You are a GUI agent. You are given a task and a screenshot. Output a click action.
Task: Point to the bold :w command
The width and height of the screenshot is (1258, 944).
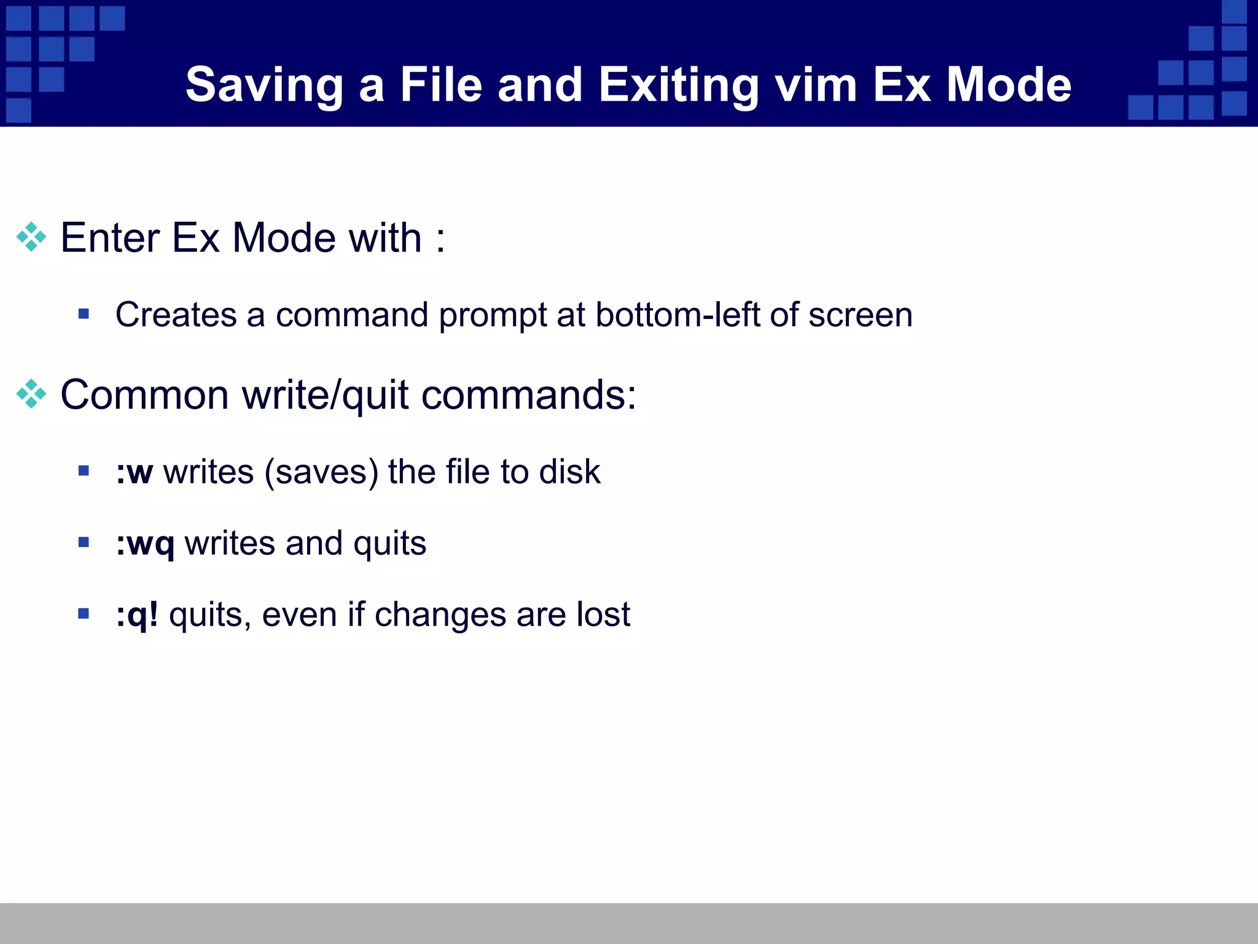pyautogui.click(x=135, y=472)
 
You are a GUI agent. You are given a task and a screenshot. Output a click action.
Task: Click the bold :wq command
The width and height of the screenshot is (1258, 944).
pyautogui.click(x=146, y=544)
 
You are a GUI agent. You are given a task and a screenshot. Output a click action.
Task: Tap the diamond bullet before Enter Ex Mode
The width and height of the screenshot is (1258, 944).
pyautogui.click(x=31, y=237)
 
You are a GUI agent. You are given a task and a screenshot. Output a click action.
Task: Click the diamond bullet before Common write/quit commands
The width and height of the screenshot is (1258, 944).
pyautogui.click(x=31, y=394)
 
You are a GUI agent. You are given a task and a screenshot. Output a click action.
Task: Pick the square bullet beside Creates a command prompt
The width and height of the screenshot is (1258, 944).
pyautogui.click(x=84, y=315)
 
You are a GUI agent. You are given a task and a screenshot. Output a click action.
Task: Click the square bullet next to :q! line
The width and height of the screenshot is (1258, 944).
pyautogui.click(x=84, y=613)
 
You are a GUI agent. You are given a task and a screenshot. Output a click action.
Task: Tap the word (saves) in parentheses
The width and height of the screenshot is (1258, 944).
pyautogui.click(x=321, y=473)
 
